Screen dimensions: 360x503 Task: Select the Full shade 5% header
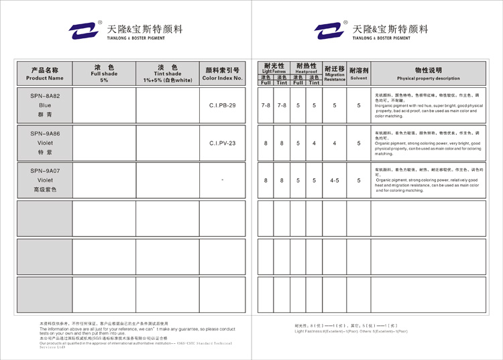[104, 74]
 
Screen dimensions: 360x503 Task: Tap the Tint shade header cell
[167, 74]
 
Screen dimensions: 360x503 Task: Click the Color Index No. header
[222, 74]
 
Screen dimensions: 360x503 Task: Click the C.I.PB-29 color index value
[222, 106]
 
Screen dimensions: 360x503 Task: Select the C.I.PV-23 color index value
[222, 143]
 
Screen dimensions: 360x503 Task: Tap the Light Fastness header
[274, 68]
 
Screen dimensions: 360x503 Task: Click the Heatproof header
[306, 68]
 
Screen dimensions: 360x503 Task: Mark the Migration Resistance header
[334, 74]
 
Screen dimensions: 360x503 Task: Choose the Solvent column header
[359, 74]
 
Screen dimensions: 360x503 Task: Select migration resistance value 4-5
[334, 180]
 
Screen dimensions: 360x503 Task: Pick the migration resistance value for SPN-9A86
[334, 143]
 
